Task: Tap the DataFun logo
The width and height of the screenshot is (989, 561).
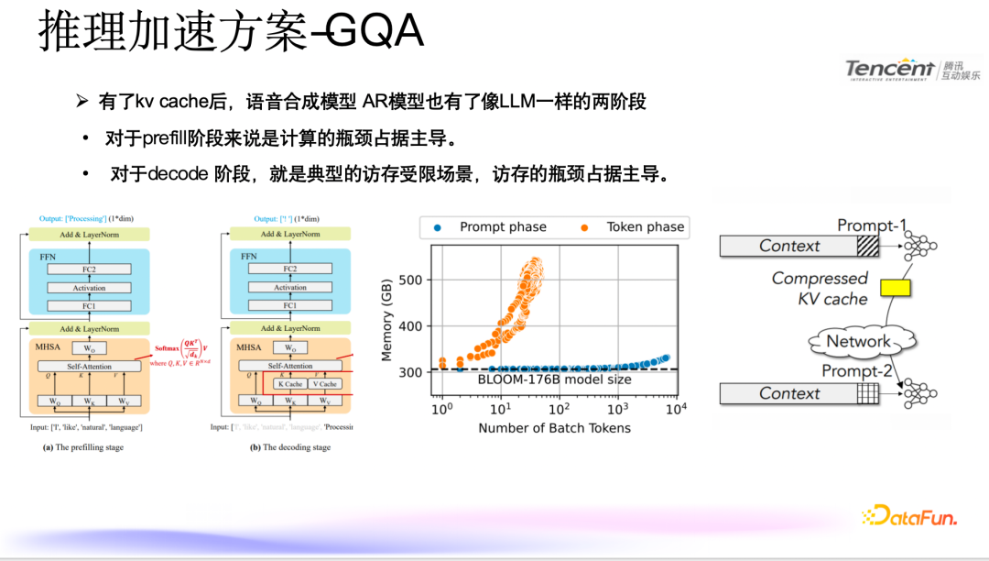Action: pyautogui.click(x=909, y=516)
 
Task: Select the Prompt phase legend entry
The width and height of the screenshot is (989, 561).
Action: pyautogui.click(x=492, y=227)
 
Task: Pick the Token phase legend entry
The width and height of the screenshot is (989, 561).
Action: pyautogui.click(x=634, y=227)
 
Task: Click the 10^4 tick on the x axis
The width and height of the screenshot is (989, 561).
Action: pyautogui.click(x=676, y=409)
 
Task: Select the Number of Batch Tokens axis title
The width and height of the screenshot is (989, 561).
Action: pyautogui.click(x=554, y=428)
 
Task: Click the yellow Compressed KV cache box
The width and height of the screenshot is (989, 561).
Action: pyautogui.click(x=895, y=288)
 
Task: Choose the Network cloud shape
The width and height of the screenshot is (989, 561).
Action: pyautogui.click(x=858, y=342)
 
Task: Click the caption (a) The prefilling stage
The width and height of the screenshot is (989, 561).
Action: pyautogui.click(x=83, y=447)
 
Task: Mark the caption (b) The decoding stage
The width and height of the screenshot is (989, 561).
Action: pyautogui.click(x=291, y=447)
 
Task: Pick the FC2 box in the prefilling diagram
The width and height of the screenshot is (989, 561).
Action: pyautogui.click(x=89, y=269)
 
